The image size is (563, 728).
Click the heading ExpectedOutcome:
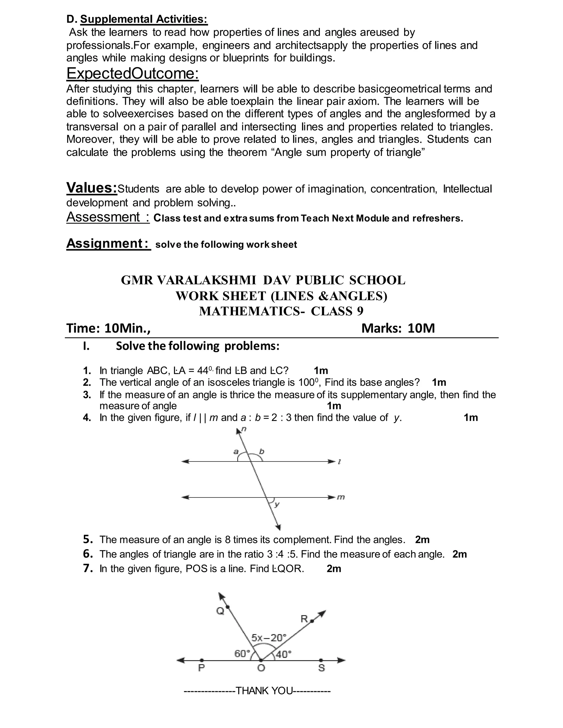click(133, 73)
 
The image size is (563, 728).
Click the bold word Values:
click(92, 188)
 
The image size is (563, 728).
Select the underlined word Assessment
click(103, 217)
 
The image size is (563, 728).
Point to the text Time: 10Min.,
click(108, 328)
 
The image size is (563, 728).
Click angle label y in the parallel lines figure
click(277, 505)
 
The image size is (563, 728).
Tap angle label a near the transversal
click(236, 452)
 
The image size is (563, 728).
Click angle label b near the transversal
click(261, 452)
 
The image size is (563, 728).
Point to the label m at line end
click(341, 497)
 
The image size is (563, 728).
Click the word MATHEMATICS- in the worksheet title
click(252, 311)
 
